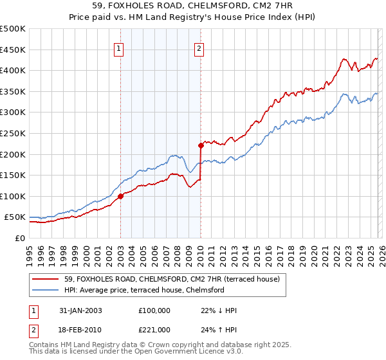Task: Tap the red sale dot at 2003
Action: tap(120, 196)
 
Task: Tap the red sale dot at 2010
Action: tap(201, 145)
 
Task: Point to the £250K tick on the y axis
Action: tap(14, 133)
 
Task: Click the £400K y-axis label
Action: tap(14, 71)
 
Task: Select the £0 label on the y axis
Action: tap(19, 239)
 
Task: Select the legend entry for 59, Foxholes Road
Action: tap(171, 280)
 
